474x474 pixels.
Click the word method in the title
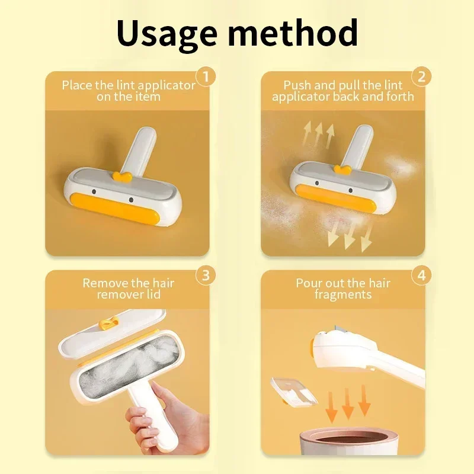coord(293,32)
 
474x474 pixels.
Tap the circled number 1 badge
coord(206,77)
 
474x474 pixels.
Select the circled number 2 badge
coord(421,77)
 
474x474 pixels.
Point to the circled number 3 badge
coord(206,276)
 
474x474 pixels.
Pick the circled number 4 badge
coord(421,276)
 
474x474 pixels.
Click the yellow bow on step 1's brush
coord(122,177)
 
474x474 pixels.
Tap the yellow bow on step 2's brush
coord(342,169)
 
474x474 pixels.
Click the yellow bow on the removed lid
coord(108,324)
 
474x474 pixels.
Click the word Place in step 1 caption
coord(77,85)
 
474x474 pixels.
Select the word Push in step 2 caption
coord(297,85)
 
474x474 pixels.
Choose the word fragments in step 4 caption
coord(343,294)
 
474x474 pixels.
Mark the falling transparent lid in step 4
coord(293,392)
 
